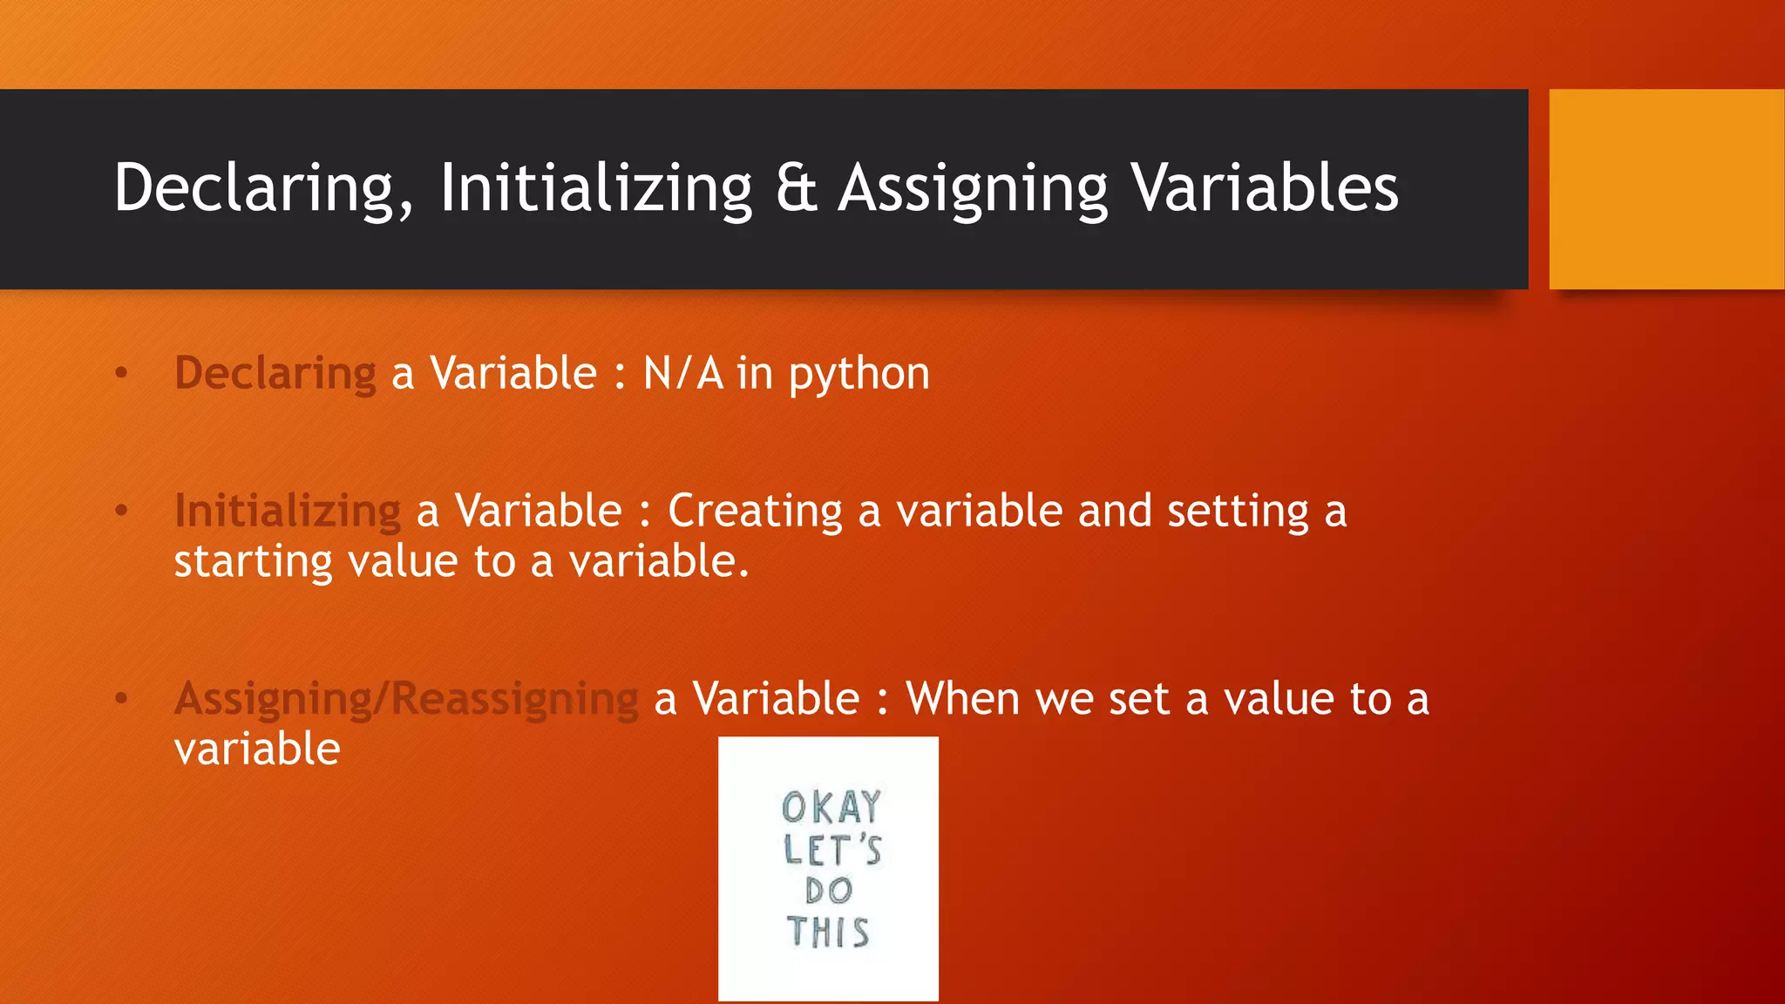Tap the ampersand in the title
(796, 188)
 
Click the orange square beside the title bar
(1666, 189)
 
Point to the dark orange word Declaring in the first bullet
(275, 373)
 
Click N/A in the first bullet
(683, 373)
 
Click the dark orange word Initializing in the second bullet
(288, 511)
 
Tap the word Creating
(755, 511)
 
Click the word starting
(253, 561)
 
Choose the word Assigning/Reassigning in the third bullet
(406, 699)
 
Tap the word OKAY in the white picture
(831, 807)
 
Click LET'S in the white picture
(832, 850)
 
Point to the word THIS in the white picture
(828, 933)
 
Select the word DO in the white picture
(828, 891)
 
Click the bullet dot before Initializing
(122, 511)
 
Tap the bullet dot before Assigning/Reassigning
(122, 699)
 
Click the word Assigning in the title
(972, 188)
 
